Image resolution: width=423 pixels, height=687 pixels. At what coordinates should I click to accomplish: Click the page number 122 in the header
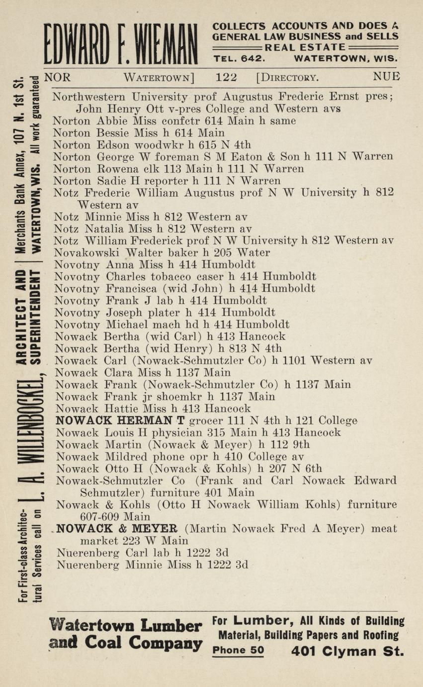226,77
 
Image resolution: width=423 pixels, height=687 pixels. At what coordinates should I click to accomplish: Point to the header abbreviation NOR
58,77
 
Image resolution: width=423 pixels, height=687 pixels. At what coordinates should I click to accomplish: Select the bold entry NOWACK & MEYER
117,529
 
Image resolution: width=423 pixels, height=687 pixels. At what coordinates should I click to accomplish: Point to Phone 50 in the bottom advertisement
238,651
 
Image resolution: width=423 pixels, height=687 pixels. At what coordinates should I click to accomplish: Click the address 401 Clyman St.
347,651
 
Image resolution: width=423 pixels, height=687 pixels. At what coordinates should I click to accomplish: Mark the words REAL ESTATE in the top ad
305,47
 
